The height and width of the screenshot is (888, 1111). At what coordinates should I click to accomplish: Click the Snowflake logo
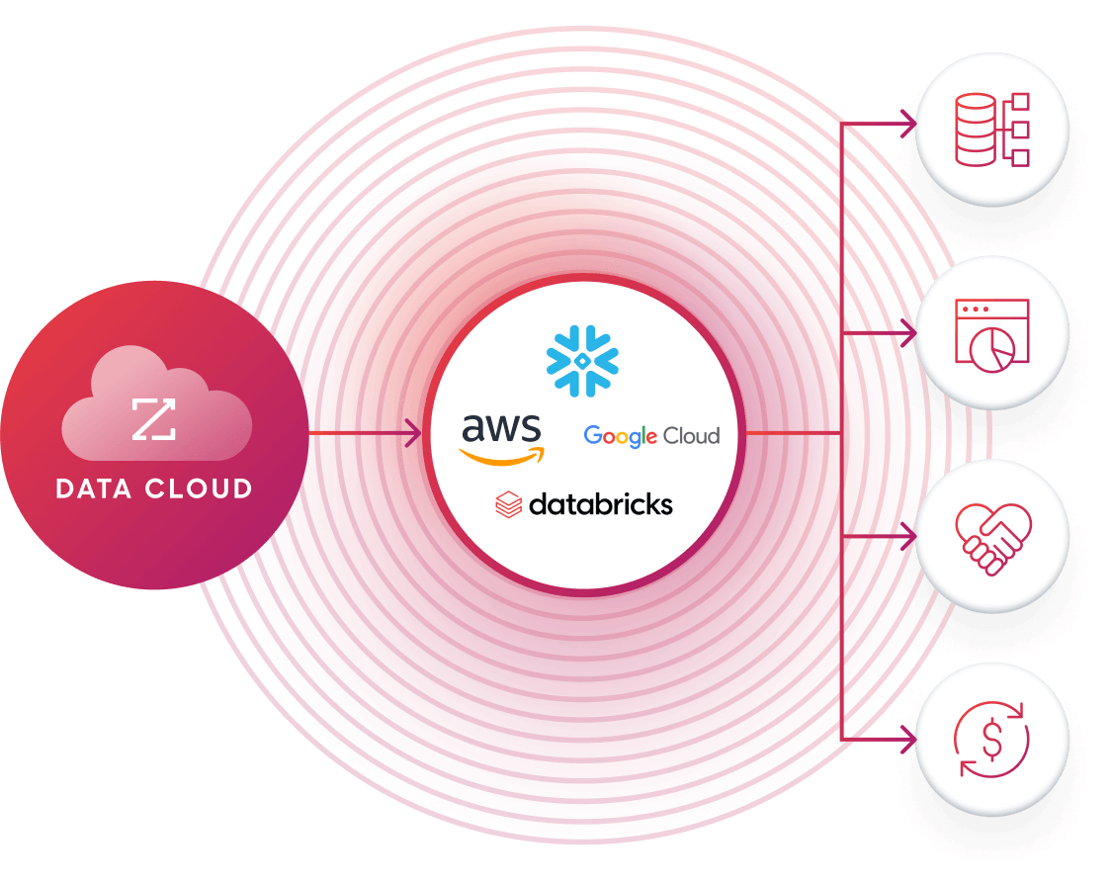point(582,361)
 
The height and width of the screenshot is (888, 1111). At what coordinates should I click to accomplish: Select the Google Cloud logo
point(651,436)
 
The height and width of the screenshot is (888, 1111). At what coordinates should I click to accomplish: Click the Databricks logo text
point(600,505)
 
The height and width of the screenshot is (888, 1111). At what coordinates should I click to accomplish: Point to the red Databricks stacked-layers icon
point(508,505)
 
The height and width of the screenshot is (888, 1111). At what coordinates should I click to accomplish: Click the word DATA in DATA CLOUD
point(97,488)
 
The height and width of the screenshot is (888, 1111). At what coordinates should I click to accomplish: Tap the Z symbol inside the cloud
point(154,418)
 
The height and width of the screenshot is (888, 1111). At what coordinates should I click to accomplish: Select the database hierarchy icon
point(991,130)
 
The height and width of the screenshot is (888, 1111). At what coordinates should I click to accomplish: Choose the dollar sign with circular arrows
point(991,738)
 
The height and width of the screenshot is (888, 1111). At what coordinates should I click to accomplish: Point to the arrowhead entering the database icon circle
point(908,124)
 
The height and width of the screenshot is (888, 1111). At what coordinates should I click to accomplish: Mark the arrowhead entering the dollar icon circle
point(908,738)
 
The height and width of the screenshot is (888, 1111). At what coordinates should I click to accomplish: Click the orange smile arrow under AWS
point(502,456)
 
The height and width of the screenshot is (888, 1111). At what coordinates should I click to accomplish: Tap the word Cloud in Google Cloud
point(691,435)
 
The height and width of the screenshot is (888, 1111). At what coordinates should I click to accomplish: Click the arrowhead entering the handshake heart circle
point(908,535)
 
